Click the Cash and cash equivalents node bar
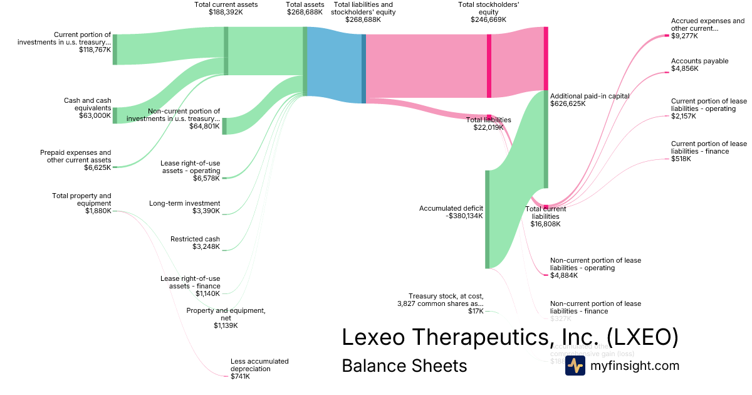click(115, 115)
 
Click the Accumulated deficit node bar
click(487, 219)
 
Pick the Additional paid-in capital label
click(590, 96)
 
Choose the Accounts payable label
click(699, 61)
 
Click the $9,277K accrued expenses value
click(684, 36)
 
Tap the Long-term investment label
click(184, 203)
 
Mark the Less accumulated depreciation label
click(259, 365)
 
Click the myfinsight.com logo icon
click(575, 366)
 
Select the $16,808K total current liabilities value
click(545, 224)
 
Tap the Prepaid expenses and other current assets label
click(75, 156)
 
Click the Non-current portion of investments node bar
click(225, 126)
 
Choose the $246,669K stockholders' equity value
click(488, 20)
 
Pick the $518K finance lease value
click(681, 159)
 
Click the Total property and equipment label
click(81, 199)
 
